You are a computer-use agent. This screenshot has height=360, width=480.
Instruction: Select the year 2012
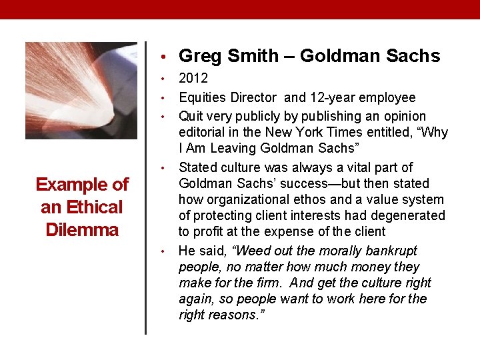[193, 78]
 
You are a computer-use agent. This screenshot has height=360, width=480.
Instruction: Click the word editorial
[205, 133]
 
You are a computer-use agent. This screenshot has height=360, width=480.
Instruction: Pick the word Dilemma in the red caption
[81, 230]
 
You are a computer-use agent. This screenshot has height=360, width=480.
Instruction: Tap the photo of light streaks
[81, 90]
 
